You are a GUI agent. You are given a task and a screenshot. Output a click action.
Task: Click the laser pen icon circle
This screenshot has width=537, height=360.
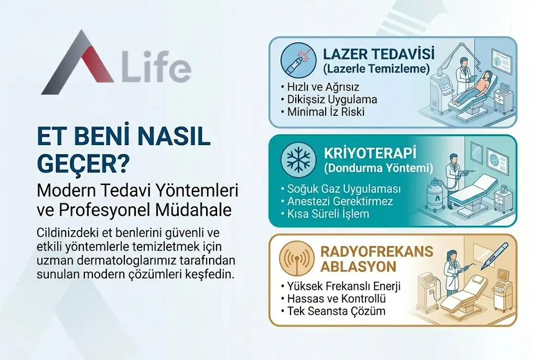(297, 60)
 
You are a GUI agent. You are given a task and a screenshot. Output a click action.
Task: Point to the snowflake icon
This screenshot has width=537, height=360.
(297, 160)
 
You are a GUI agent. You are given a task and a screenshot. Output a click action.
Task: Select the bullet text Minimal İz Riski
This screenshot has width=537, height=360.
(325, 112)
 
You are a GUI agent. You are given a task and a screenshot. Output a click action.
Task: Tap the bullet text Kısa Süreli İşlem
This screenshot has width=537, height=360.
(328, 214)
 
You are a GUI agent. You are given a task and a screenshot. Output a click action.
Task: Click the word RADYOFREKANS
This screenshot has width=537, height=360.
(378, 252)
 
